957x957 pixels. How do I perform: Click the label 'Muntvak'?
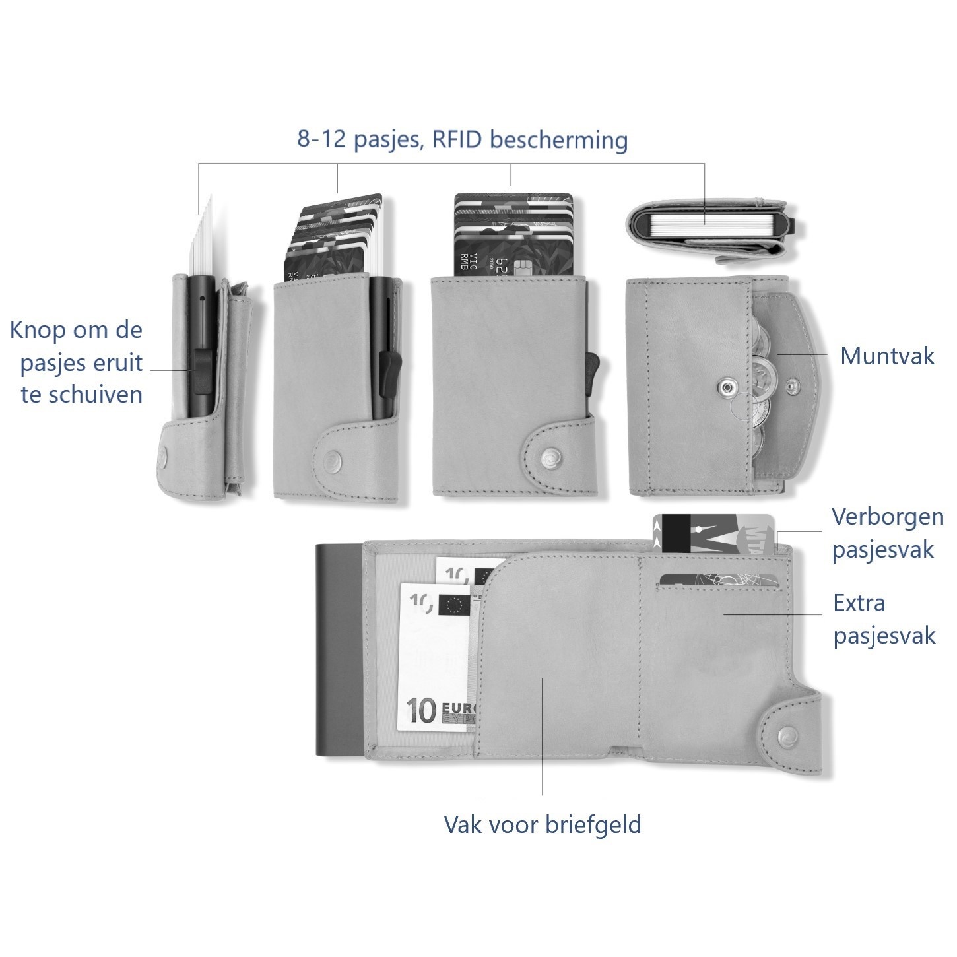886,356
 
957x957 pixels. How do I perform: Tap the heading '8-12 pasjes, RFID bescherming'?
462,140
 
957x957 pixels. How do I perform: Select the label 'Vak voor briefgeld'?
542,824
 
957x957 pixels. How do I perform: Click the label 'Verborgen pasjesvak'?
886,533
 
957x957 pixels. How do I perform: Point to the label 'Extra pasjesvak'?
884,619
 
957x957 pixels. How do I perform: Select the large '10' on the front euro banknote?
421,710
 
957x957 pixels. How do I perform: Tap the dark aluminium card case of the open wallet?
338,650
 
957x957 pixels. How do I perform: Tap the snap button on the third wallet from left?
547,455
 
